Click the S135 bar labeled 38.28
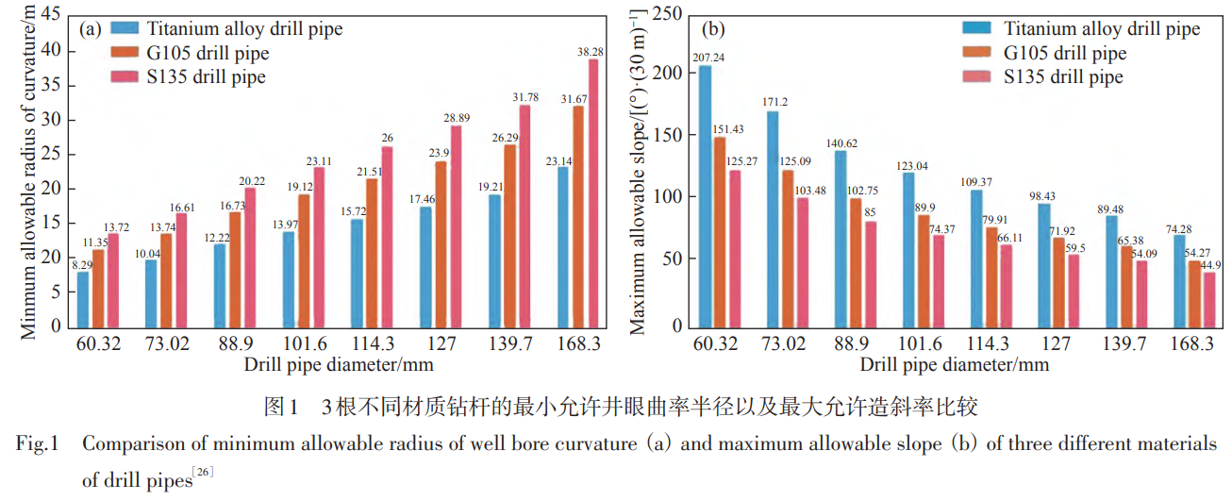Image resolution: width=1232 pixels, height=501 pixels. (x=593, y=193)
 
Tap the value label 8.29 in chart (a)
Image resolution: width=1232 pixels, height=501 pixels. (x=83, y=265)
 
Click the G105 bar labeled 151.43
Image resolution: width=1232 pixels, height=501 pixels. (x=720, y=232)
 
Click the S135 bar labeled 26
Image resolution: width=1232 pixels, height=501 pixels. (x=387, y=237)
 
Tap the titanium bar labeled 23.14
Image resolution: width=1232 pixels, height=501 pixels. (x=563, y=247)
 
